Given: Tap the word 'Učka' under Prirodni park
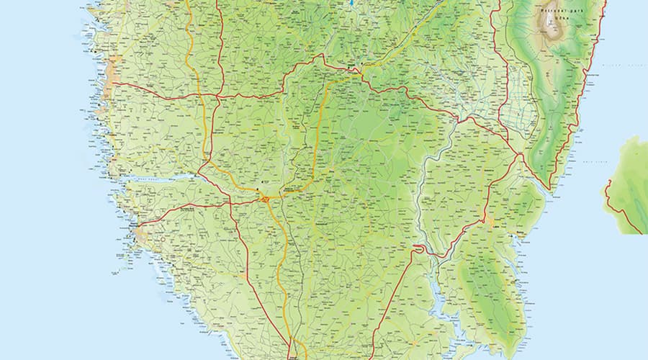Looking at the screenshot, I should point(553,19).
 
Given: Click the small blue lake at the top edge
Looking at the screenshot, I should point(351,4).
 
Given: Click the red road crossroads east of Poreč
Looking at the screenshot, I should point(217,95).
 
